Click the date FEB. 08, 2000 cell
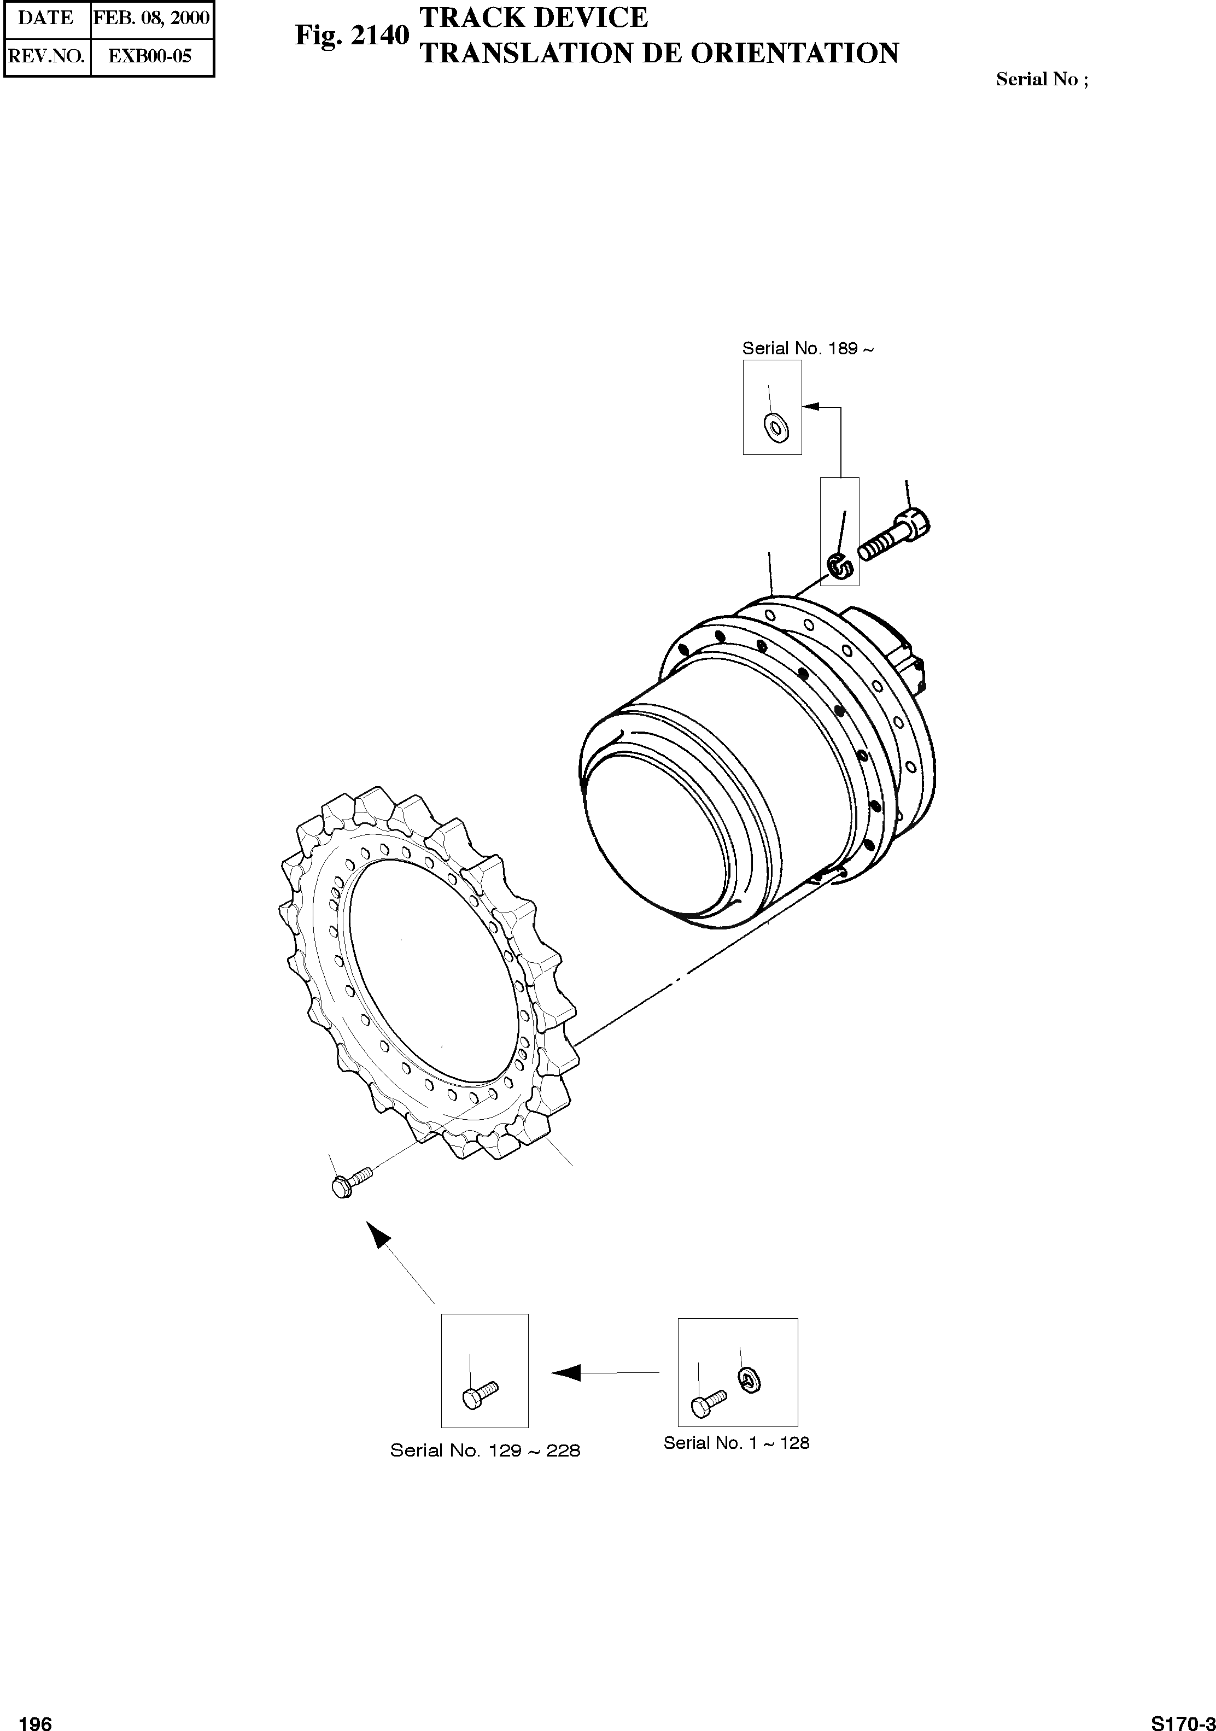pos(151,18)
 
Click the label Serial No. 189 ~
pos(808,348)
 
